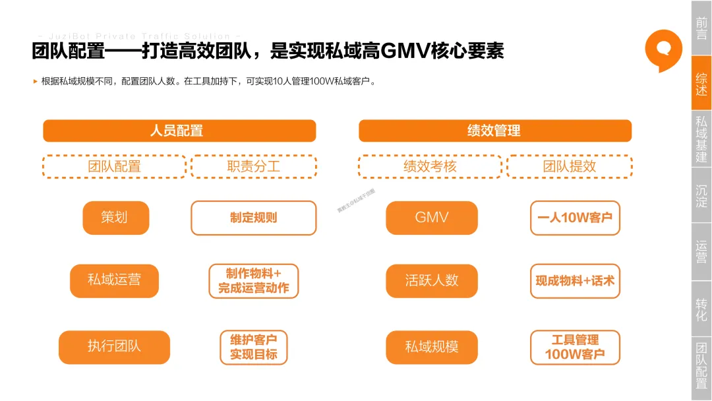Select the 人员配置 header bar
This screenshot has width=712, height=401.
point(179,131)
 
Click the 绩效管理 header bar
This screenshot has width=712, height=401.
point(494,131)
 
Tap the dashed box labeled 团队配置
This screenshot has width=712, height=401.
point(114,166)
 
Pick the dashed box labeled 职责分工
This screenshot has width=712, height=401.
point(253,166)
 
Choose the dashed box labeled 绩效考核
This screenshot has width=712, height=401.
point(430,166)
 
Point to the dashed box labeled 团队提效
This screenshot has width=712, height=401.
point(569,166)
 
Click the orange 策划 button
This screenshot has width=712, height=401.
point(115,218)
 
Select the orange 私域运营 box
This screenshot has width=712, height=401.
point(114,280)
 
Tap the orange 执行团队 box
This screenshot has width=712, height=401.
point(114,346)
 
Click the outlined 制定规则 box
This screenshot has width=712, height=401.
point(253,218)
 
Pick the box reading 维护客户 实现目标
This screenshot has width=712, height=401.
point(253,347)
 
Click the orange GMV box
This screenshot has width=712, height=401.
point(431,218)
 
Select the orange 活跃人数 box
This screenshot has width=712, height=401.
point(431,280)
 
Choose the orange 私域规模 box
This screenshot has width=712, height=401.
point(431,347)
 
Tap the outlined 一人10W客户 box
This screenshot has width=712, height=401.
point(574,218)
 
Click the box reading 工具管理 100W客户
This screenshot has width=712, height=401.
point(574,347)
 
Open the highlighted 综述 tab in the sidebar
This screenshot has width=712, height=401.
point(701,83)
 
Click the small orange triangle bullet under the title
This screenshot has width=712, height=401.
point(36,82)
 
